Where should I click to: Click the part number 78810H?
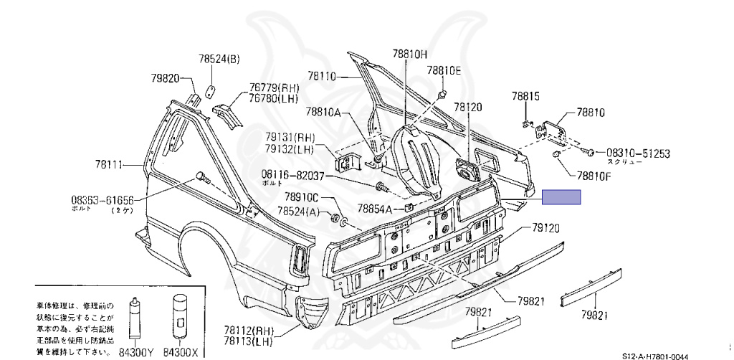409,54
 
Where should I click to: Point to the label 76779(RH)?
269,87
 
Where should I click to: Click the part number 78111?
108,165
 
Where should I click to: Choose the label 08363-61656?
101,200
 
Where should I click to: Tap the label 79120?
545,227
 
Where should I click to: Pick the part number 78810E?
444,70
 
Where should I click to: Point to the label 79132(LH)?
290,150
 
